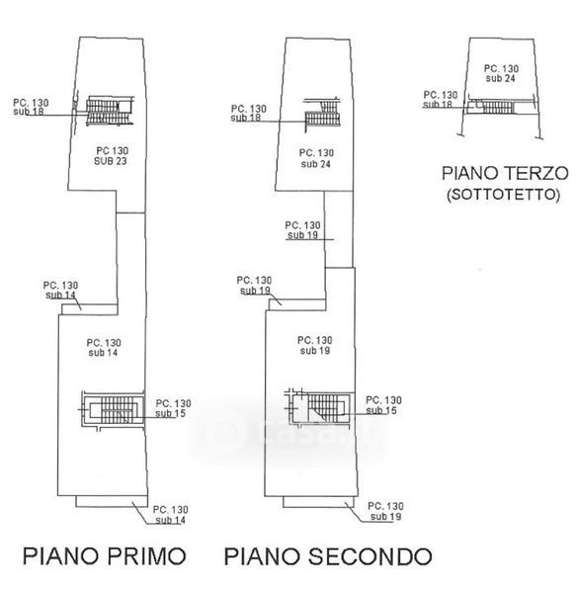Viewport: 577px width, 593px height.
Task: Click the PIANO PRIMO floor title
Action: (x=105, y=556)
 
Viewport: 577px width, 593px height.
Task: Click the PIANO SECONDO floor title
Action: (x=328, y=556)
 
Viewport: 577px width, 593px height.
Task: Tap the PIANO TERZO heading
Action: (x=505, y=173)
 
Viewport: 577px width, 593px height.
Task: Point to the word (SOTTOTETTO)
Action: (x=503, y=195)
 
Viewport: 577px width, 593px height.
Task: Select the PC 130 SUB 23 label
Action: (x=111, y=156)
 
